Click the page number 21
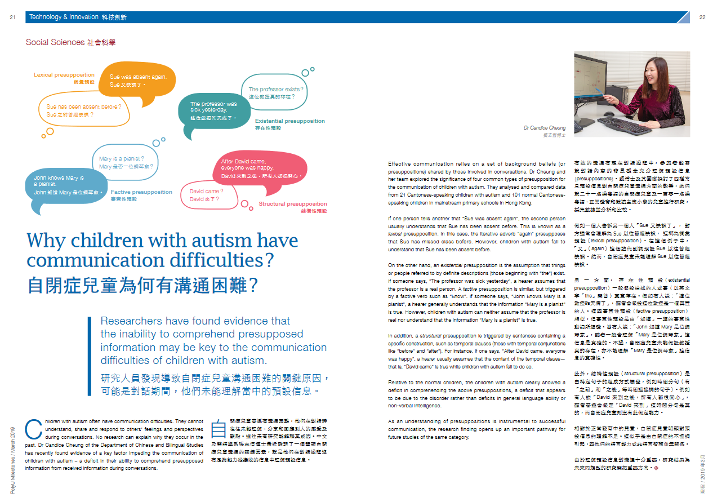point(12,17)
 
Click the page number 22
point(702,17)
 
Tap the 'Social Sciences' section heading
point(55,42)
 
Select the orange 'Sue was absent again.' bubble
point(142,80)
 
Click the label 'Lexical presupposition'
point(64,75)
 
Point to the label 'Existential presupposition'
point(289,121)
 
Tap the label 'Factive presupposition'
point(141,192)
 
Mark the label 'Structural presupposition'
point(292,204)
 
